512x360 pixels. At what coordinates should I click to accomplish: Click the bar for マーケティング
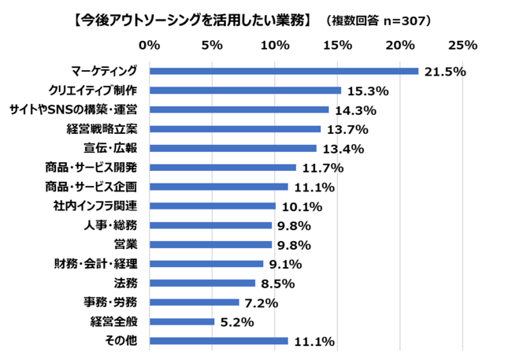pos(284,71)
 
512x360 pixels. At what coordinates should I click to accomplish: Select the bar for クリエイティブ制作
pos(245,91)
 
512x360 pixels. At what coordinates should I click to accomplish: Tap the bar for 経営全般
pos(181,321)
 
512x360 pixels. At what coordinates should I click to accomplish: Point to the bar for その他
pos(218,341)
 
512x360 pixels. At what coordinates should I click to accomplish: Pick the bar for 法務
pos(202,283)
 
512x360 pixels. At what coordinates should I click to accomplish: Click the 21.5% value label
pos(445,72)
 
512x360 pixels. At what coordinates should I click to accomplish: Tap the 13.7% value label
pos(347,129)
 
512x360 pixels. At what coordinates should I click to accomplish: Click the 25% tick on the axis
pos(462,45)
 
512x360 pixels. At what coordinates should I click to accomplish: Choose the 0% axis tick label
pos(149,45)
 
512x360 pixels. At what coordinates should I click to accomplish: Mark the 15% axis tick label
pos(337,45)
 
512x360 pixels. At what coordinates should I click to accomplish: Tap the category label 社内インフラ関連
pos(95,206)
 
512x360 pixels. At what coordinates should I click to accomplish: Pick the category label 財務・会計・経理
pos(93,264)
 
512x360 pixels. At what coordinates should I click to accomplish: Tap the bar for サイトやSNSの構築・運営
pos(239,109)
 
